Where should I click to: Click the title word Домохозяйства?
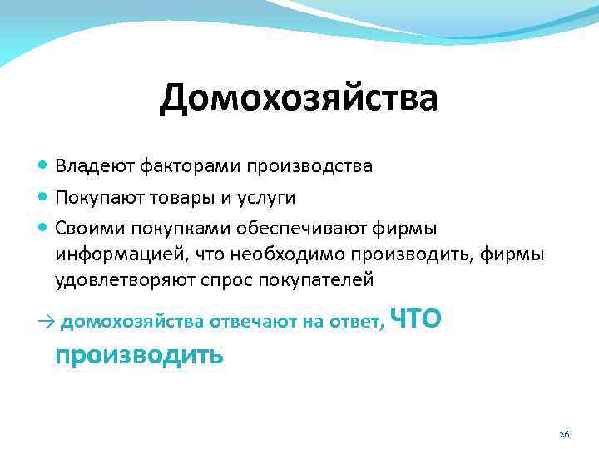299,99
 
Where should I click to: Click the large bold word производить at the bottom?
139,355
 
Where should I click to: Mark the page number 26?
563,435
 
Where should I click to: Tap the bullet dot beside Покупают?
43,198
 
